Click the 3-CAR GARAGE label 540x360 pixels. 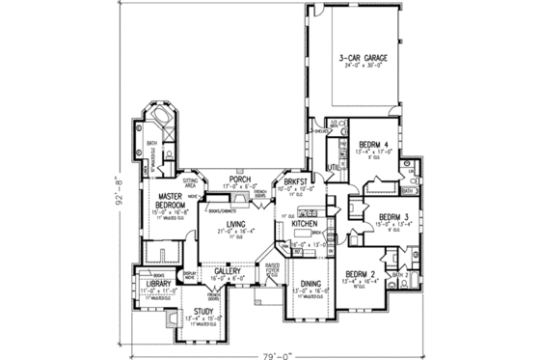coord(363,60)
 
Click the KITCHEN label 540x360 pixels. coord(305,223)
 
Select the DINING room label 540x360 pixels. coord(310,284)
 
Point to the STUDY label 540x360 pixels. coord(202,311)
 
